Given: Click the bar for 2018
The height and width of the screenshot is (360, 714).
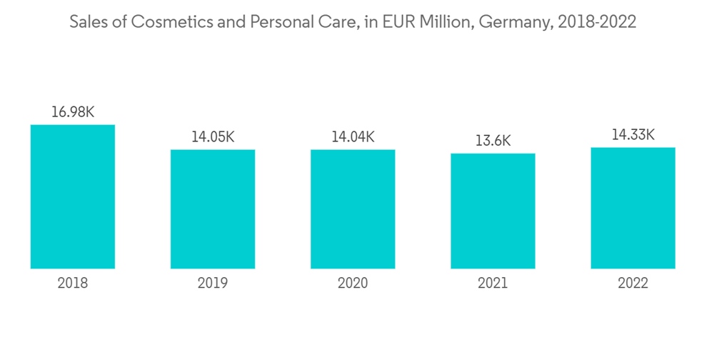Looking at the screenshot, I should [73, 196].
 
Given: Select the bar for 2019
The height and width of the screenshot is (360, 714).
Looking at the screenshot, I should [213, 209].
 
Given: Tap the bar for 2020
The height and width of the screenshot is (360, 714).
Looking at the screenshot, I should [353, 209].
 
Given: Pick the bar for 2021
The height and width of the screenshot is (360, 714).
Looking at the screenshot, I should [493, 211].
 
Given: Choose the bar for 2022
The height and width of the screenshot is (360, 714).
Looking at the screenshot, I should [633, 208].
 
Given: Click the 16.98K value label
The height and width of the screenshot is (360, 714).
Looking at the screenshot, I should [73, 112].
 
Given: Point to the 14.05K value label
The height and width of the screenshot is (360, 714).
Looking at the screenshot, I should [213, 137].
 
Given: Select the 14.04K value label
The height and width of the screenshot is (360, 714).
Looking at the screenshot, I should [353, 137].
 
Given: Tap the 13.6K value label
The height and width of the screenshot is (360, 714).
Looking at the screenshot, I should [493, 141].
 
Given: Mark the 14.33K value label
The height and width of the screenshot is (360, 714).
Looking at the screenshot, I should [633, 135].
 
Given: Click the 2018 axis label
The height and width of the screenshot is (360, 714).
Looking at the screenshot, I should [73, 284].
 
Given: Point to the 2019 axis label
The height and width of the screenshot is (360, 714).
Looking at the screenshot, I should [213, 284].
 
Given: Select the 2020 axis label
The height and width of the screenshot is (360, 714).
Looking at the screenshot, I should [353, 284].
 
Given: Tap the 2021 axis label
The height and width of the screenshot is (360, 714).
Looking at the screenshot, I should [493, 284].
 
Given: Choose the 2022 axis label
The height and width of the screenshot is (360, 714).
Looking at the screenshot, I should [633, 284].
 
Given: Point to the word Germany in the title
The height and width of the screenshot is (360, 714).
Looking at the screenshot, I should [515, 23].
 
